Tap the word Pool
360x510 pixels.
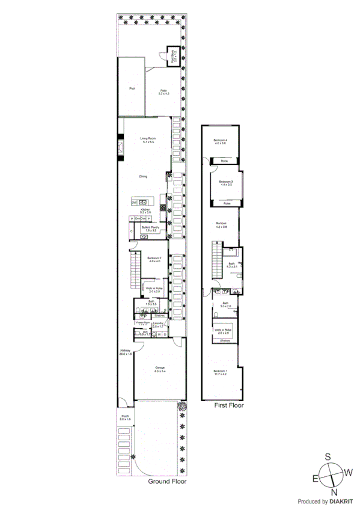coord(132,89)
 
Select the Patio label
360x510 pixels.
coord(163,91)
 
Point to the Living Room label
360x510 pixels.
coord(148,140)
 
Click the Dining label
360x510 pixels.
coord(143,176)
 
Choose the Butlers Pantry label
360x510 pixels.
coord(150,228)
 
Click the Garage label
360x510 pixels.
coord(160,369)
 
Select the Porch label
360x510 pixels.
coord(125,416)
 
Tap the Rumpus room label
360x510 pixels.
coord(222,225)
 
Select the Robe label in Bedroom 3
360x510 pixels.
coord(227,203)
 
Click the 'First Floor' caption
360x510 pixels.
coord(229,405)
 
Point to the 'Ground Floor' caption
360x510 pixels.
coord(167,481)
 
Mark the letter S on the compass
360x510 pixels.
coord(328,456)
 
